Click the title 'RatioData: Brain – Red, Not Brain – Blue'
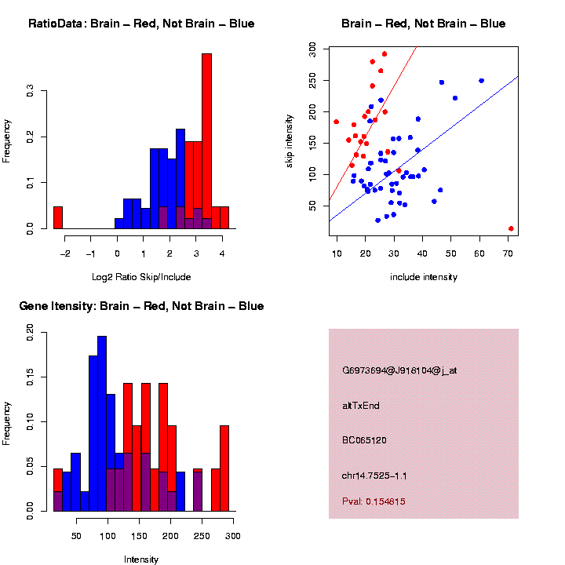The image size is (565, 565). (141, 24)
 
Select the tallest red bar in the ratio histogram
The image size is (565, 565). (207, 141)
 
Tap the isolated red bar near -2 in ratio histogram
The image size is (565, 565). (57, 217)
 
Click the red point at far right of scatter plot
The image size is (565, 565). (511, 228)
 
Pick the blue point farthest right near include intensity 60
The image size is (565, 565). (481, 80)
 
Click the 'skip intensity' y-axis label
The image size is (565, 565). (290, 140)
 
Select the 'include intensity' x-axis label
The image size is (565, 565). (424, 276)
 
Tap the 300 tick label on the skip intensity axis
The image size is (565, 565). (312, 49)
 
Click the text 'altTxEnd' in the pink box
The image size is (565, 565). (361, 406)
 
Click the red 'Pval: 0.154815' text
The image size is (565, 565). (374, 501)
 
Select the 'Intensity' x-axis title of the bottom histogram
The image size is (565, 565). (141, 560)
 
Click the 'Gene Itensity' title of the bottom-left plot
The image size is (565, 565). (141, 306)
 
